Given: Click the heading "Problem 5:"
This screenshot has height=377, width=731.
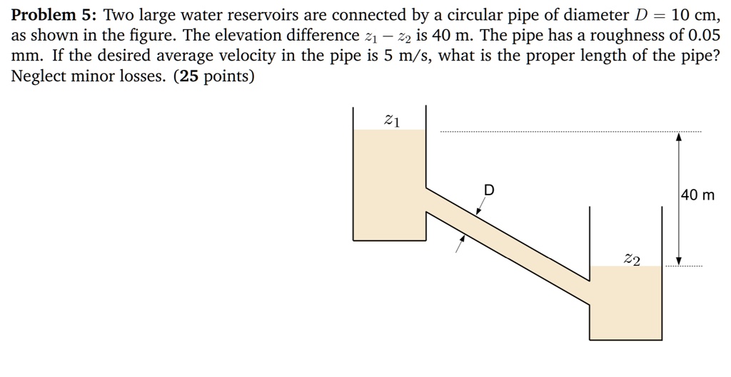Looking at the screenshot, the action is (53, 15).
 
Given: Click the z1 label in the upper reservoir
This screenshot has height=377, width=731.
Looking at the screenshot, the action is (392, 120).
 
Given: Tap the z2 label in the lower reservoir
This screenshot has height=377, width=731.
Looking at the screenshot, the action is (632, 259).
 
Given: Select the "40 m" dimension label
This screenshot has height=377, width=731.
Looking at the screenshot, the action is (697, 195).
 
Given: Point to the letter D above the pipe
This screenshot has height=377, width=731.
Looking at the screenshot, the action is (489, 190).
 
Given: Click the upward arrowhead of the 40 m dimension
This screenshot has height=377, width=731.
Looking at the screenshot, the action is (679, 137).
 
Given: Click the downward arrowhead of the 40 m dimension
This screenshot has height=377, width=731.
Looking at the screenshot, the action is (679, 261).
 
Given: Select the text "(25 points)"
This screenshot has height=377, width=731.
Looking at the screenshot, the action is (213, 76).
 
